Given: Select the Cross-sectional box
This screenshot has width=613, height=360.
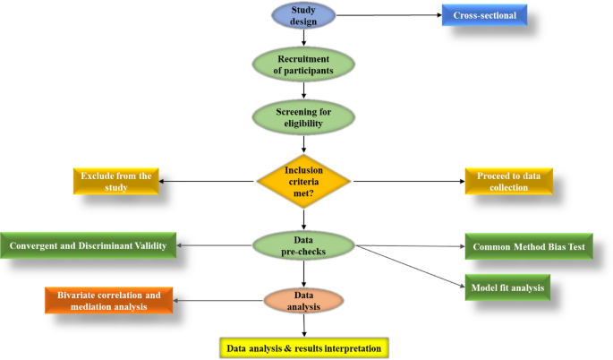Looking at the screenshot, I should point(484,15).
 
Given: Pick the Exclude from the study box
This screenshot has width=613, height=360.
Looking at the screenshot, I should point(116,180).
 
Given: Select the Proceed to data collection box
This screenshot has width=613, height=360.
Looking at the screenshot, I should point(508,181).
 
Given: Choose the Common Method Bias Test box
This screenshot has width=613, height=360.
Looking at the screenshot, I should point(528,246).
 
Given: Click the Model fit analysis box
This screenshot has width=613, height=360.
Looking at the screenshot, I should point(507,288).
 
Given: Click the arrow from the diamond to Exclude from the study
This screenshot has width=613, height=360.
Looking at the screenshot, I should point(209,181).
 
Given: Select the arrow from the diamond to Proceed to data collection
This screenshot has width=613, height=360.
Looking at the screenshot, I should point(407,181).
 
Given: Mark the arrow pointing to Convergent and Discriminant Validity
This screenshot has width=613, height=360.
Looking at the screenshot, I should point(215,244).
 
